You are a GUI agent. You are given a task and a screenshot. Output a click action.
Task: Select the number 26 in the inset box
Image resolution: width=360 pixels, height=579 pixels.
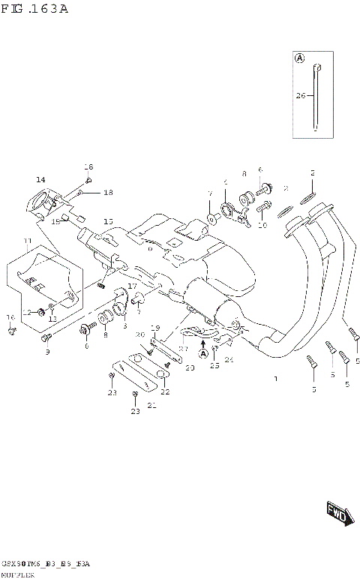click(301, 95)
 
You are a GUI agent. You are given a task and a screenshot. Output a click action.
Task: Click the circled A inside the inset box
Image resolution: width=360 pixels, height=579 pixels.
click(300, 58)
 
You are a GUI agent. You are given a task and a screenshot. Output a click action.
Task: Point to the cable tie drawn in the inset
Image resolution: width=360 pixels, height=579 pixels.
click(316, 97)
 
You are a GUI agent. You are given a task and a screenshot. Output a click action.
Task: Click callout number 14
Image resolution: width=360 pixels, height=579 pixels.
click(40, 179)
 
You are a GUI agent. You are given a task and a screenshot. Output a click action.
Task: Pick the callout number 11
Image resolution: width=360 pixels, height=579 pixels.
click(27, 241)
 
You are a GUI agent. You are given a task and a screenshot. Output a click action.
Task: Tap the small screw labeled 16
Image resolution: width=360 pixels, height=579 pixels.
click(11, 328)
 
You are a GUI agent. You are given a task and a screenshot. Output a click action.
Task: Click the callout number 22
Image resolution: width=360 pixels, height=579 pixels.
click(164, 391)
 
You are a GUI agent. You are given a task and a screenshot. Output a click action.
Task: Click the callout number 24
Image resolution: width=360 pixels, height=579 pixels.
click(229, 360)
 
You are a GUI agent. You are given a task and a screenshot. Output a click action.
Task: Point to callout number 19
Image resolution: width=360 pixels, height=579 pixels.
click(156, 328)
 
